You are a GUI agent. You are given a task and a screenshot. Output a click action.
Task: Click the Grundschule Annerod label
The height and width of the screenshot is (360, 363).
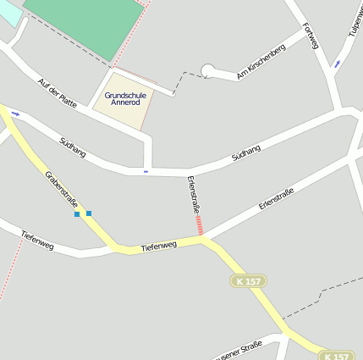[x=125, y=99]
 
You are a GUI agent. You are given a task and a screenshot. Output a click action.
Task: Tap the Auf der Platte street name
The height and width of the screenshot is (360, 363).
[x=57, y=93]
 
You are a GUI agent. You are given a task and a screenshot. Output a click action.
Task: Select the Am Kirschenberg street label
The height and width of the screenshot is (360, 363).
[x=261, y=63]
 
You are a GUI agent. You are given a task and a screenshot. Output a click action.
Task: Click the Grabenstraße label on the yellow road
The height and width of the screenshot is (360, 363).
[x=61, y=190]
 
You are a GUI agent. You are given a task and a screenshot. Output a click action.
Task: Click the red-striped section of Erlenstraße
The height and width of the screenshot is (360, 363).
[x=199, y=224]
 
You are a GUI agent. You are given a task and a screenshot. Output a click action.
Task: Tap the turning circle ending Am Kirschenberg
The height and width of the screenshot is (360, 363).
[x=207, y=71]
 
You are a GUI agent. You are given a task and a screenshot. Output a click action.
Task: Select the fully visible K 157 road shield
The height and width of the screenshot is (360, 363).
[x=248, y=280]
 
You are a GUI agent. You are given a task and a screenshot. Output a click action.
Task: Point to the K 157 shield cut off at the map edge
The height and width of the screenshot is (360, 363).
[x=336, y=356]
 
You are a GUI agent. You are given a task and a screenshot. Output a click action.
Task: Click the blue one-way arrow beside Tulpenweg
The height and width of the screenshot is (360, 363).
[x=338, y=64]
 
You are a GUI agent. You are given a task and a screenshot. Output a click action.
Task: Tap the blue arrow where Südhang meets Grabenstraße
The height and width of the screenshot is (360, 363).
[x=15, y=114]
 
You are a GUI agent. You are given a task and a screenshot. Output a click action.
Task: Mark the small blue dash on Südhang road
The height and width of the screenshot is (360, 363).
[x=146, y=172]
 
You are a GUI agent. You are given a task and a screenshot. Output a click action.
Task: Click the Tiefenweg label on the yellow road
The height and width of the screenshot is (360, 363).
[x=158, y=245]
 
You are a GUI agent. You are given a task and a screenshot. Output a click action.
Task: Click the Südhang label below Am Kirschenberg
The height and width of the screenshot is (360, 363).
[x=245, y=153]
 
